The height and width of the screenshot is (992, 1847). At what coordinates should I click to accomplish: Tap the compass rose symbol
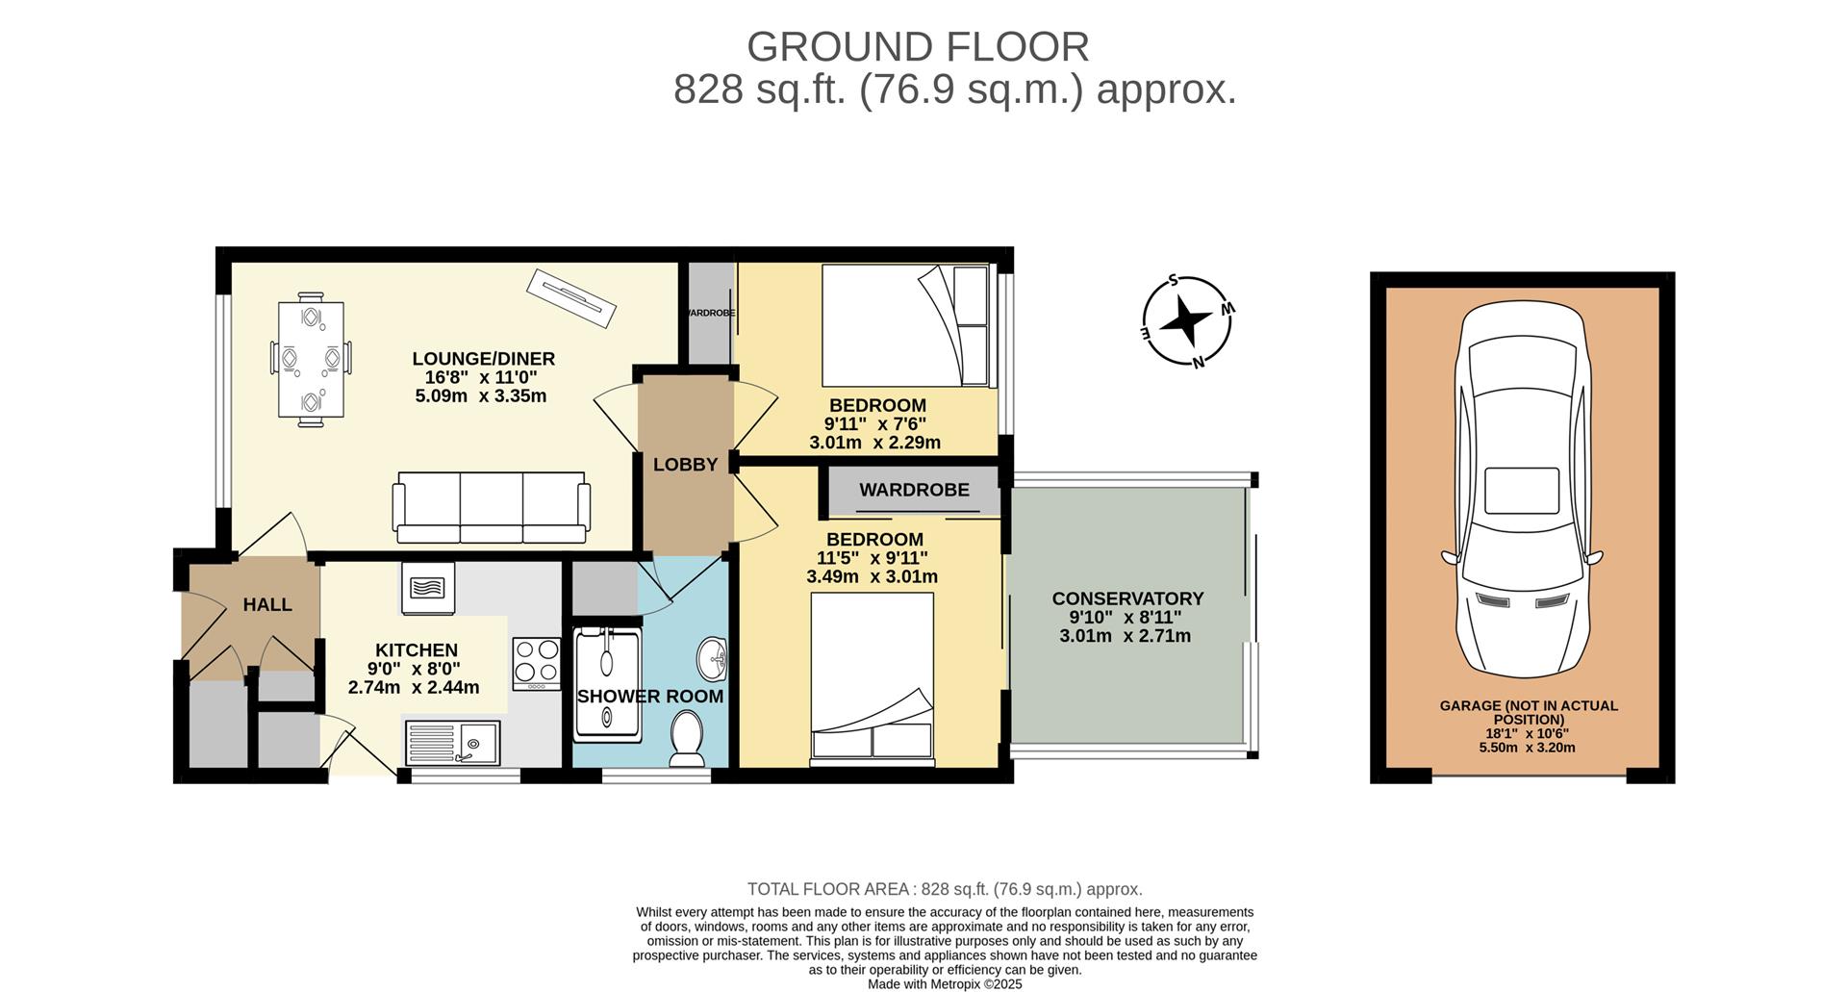click(1186, 321)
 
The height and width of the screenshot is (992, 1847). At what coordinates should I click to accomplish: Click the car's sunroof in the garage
click(1522, 491)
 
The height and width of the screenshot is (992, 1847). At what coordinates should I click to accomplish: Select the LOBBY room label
click(685, 465)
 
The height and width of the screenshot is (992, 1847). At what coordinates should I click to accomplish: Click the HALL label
click(267, 605)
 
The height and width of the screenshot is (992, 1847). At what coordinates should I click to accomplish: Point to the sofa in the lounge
click(491, 507)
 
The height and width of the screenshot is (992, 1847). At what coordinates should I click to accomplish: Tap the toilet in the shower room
click(687, 739)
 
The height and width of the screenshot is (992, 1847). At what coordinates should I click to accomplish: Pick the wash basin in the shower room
click(712, 658)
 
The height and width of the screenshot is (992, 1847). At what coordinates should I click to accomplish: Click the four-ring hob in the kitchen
click(537, 663)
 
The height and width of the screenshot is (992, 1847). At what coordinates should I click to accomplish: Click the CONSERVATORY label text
click(1127, 598)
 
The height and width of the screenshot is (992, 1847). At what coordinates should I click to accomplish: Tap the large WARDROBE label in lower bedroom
click(914, 491)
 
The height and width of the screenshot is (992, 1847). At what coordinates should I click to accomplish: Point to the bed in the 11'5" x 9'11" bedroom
click(872, 675)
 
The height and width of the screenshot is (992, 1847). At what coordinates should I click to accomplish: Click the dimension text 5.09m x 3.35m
click(480, 395)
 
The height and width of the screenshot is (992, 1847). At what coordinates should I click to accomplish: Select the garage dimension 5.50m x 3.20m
click(1527, 748)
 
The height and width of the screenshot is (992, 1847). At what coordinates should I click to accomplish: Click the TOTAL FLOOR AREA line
click(945, 889)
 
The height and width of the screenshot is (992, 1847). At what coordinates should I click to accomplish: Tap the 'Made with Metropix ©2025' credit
click(945, 984)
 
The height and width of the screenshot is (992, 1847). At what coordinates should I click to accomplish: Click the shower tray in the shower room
click(607, 684)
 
